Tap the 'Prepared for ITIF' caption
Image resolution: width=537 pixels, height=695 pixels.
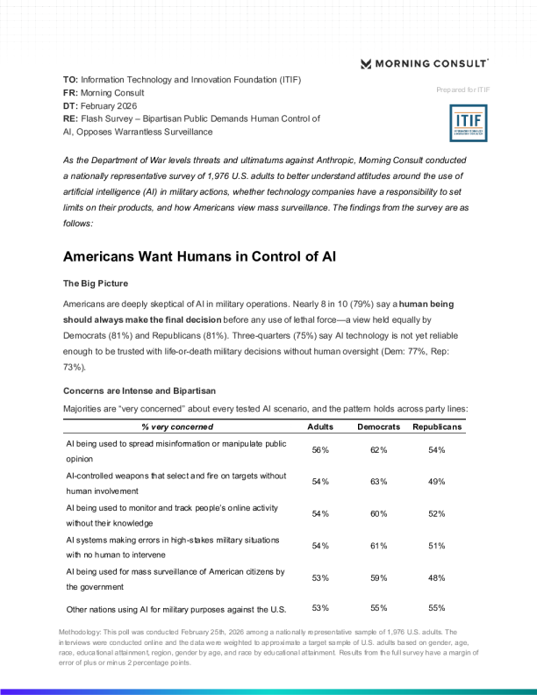(462, 90)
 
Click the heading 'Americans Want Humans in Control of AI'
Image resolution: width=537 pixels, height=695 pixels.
(200, 257)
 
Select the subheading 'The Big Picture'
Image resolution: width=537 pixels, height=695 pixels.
(96, 284)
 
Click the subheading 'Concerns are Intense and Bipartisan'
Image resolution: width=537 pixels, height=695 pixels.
(140, 390)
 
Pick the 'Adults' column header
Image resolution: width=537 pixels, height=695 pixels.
(320, 426)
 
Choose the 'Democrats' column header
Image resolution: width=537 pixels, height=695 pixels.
(379, 426)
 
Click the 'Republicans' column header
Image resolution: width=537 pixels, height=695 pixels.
(437, 426)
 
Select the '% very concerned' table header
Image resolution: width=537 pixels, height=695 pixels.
(177, 426)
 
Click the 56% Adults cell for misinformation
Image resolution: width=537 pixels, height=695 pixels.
(320, 450)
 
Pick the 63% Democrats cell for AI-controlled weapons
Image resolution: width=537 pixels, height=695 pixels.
(379, 482)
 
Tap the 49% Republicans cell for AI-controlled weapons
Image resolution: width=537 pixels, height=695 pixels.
(437, 482)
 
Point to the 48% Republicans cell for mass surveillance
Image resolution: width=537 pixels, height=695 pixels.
(437, 578)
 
